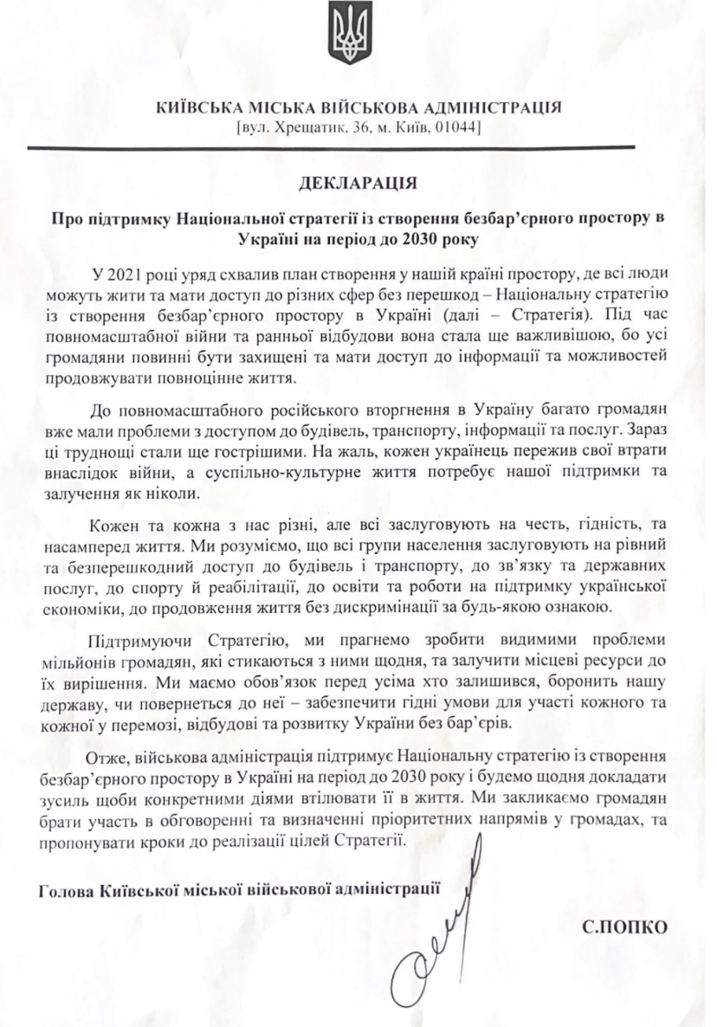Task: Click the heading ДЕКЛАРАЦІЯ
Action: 358,184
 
